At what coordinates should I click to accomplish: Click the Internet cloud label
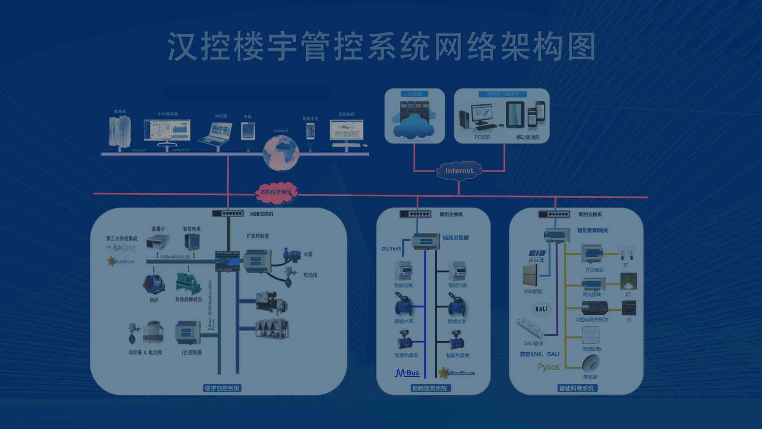pyautogui.click(x=459, y=171)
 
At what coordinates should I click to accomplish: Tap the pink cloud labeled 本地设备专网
pyautogui.click(x=275, y=192)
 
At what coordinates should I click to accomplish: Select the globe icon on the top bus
pyautogui.click(x=281, y=153)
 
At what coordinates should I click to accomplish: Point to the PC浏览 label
pyautogui.click(x=482, y=137)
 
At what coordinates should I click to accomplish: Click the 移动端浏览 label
pyautogui.click(x=527, y=137)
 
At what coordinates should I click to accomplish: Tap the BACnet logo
pyautogui.click(x=123, y=248)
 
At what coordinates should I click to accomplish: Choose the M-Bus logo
pyautogui.click(x=407, y=373)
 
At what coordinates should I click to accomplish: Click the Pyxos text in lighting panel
pyautogui.click(x=548, y=367)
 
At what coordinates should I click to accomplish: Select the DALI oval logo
pyautogui.click(x=541, y=309)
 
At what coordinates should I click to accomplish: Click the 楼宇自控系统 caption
pyautogui.click(x=222, y=388)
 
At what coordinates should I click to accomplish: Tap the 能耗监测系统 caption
pyautogui.click(x=429, y=388)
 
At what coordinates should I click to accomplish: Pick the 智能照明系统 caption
pyautogui.click(x=576, y=388)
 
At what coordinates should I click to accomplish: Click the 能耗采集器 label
pyautogui.click(x=456, y=238)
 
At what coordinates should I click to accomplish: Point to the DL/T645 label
pyautogui.click(x=391, y=249)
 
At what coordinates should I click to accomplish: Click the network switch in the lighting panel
pyautogui.click(x=554, y=214)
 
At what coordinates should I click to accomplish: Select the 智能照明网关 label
pyautogui.click(x=592, y=230)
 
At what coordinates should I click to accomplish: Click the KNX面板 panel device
pyautogui.click(x=530, y=274)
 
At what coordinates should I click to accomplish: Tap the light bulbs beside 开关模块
pyautogui.click(x=627, y=253)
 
